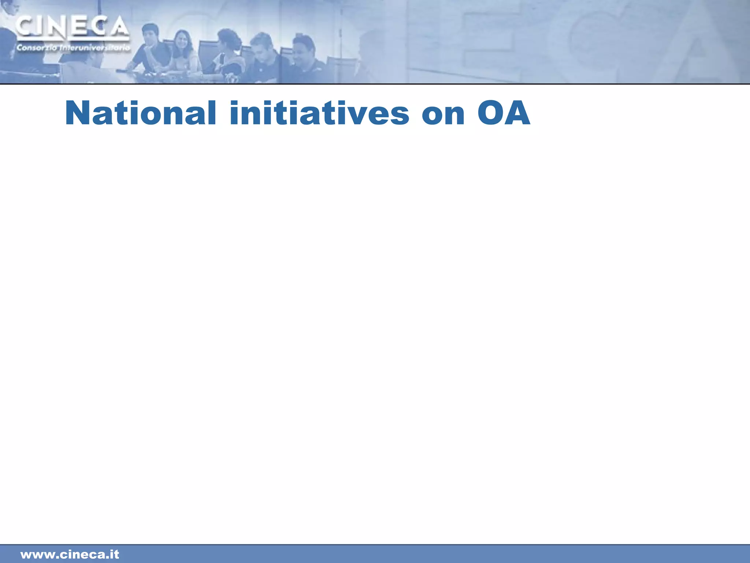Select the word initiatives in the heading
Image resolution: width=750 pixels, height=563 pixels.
pos(319,113)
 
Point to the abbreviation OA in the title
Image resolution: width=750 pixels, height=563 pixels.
pos(504,113)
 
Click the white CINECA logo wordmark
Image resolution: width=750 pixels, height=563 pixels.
pos(72,27)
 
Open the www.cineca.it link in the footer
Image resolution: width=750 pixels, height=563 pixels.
pos(70,554)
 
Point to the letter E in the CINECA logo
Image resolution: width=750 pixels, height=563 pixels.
pos(78,27)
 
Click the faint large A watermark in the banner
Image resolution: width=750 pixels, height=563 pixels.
pos(696,44)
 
